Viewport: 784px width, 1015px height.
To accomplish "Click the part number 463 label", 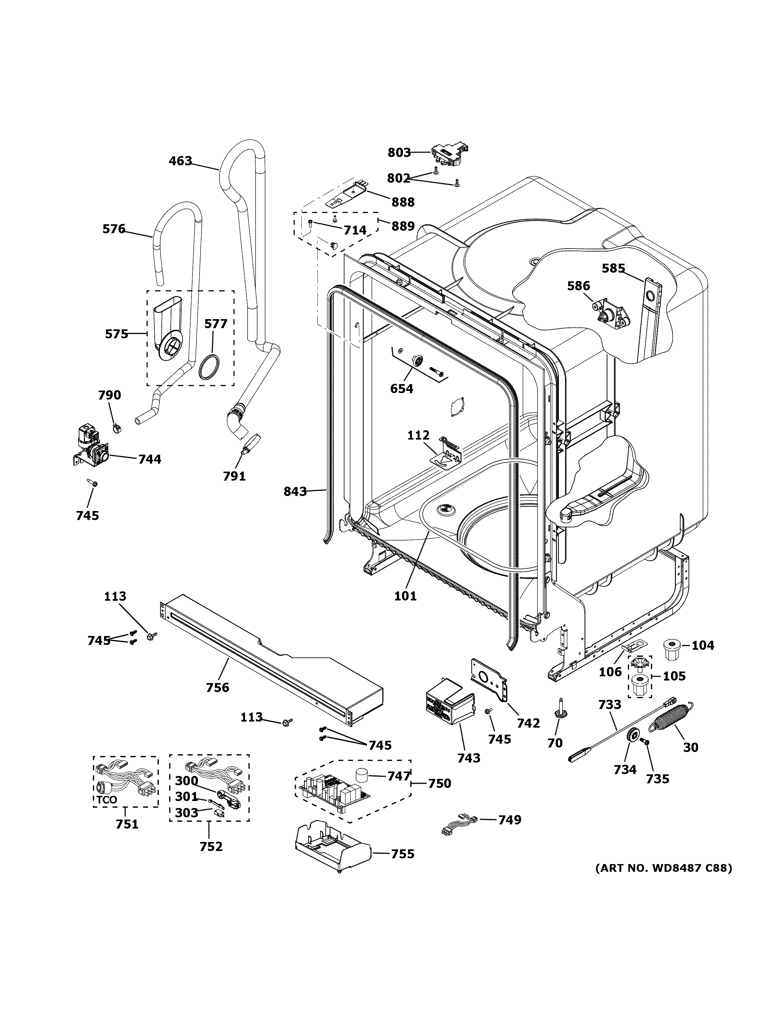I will [180, 161].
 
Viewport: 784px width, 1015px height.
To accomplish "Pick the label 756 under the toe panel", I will [217, 687].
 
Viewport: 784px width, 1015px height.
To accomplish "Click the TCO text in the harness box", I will [107, 800].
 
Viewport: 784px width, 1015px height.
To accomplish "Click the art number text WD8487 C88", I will [664, 868].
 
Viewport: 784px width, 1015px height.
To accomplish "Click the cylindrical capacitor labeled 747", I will [362, 776].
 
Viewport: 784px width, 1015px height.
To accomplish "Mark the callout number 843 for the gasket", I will [295, 491].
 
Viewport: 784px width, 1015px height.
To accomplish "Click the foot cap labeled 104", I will [670, 649].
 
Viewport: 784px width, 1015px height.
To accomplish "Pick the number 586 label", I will [578, 286].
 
